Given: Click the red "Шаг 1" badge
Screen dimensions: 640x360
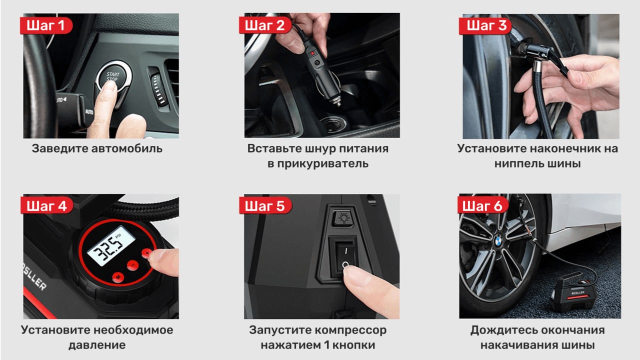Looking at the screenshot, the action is coord(46,25).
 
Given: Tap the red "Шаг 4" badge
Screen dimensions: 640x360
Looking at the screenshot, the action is coord(47,205).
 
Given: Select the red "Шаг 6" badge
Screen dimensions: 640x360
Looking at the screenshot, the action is coord(483,205).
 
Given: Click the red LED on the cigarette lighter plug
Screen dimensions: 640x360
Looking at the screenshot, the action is coord(312,53).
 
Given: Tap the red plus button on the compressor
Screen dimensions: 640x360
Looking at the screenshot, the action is coord(147,253).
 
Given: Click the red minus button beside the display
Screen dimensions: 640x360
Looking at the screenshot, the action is coord(133,265).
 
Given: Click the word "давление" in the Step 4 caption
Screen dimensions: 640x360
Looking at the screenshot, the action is coord(97,345).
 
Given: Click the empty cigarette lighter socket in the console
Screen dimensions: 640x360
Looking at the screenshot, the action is coord(333,125).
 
